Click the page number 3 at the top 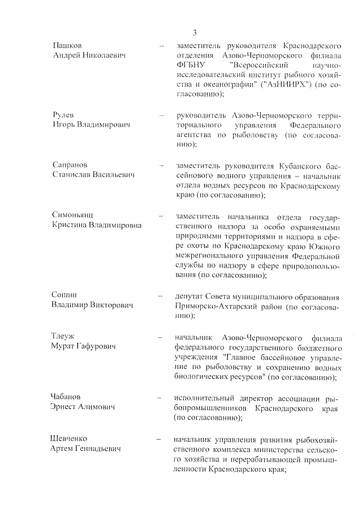tap(194, 32)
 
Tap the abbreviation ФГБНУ tap(190, 65)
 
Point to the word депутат tap(191, 296)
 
